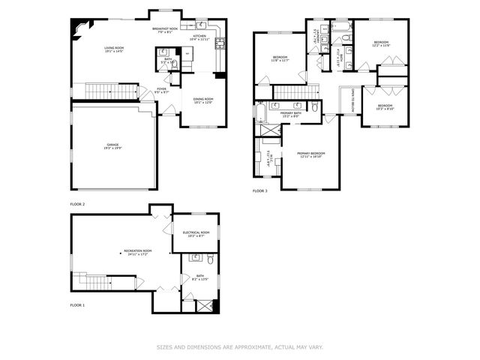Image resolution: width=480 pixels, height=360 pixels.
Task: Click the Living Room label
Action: [114, 49]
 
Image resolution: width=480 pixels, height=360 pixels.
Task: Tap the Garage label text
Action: [114, 147]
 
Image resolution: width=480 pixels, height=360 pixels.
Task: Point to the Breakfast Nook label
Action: [164, 30]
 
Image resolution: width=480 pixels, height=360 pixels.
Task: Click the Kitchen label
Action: [199, 37]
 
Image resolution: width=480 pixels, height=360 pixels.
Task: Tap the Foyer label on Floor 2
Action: [161, 91]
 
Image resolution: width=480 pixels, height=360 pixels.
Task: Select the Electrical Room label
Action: [196, 234]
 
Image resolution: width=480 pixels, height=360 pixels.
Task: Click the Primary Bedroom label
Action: [310, 154]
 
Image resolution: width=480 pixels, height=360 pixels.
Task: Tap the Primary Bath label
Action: [290, 115]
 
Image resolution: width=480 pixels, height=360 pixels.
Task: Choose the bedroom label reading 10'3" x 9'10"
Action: [385, 107]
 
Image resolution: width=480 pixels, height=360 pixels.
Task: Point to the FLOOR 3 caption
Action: [260, 192]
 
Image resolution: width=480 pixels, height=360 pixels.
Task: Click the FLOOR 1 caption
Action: [77, 306]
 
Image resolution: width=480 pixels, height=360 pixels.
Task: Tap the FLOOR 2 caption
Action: [77, 204]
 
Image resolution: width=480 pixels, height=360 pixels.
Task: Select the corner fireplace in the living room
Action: [77, 27]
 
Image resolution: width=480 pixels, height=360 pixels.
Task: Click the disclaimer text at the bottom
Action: [239, 347]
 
